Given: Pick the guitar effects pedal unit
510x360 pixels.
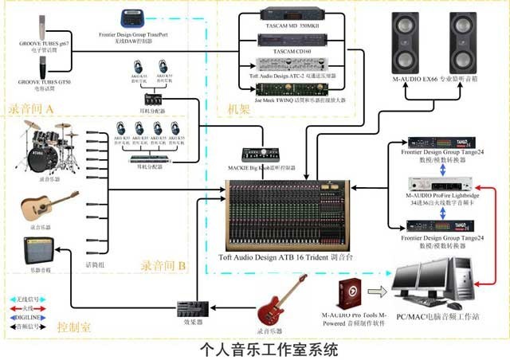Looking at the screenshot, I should click(x=190, y=307).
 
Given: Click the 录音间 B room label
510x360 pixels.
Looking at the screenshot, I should click(x=163, y=264).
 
